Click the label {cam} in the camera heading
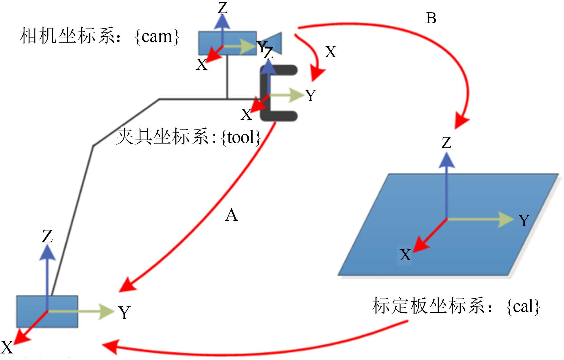pos(157,37)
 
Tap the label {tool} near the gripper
pos(241,138)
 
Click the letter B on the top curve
pos(431,18)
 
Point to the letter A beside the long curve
pos(231,215)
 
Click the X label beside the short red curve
pos(331,52)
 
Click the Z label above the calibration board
pos(446,143)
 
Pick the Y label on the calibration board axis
pos(524,221)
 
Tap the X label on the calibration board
pos(405,255)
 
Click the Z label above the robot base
pos(47,237)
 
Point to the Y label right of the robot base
pos(124,313)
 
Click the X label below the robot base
pos(7,347)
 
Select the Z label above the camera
pos(222,8)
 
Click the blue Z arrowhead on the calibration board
pos(446,161)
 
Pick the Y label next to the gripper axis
pos(311,96)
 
